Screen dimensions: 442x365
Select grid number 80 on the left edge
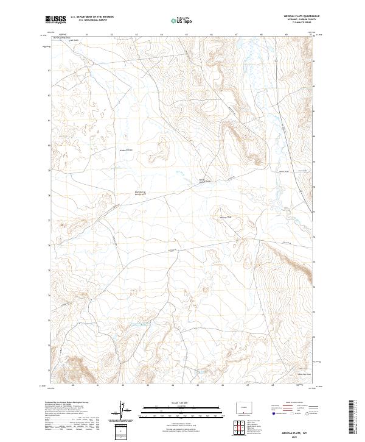click(x=49, y=146)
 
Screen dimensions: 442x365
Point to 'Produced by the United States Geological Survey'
click(x=67, y=403)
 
